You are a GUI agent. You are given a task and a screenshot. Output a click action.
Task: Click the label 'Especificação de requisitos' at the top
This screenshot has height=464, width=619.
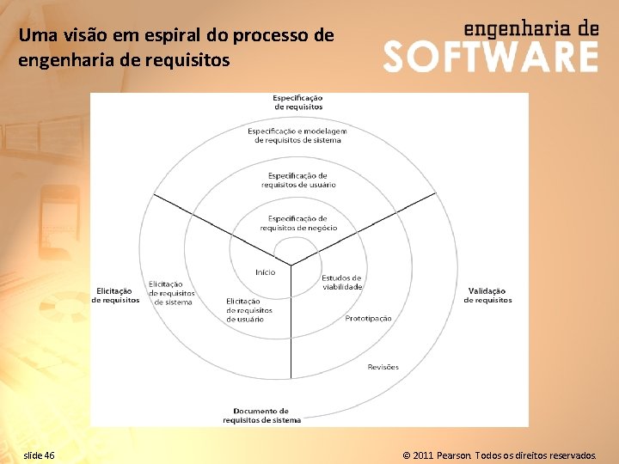tap(298, 101)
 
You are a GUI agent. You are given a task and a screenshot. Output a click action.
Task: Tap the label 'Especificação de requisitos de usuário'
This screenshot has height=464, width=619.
tap(297, 180)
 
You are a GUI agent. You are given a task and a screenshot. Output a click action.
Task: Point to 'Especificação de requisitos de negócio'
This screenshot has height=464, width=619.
tap(297, 223)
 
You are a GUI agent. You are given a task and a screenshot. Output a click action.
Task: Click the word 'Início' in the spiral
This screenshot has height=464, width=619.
tap(266, 272)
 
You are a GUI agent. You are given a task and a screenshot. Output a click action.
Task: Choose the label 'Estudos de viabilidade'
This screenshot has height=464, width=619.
tap(342, 282)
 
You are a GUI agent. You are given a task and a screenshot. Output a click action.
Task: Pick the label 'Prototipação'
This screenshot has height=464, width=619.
tap(368, 318)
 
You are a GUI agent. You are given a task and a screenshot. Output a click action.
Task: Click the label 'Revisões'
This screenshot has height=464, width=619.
tap(383, 367)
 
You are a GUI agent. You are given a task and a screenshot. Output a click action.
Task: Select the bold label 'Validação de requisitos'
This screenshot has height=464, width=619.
tap(487, 296)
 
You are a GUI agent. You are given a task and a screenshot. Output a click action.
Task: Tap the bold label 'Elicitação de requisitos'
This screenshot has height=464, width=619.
tap(115, 296)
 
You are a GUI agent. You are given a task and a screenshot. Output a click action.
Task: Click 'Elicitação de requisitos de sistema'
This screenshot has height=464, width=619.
tap(171, 293)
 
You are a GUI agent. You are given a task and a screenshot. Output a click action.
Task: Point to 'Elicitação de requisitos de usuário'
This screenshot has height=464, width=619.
tap(249, 310)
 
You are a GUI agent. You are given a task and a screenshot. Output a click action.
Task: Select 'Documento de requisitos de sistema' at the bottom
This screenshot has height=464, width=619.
tap(261, 416)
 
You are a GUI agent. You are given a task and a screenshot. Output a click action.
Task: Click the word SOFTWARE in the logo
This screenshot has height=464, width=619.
tap(490, 58)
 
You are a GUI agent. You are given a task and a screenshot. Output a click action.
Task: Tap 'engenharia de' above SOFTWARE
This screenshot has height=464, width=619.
tap(530, 27)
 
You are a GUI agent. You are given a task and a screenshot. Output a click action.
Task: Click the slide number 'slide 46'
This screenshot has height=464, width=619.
tap(40, 454)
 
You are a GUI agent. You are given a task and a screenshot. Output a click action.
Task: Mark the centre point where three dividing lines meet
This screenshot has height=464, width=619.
tap(291, 264)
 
